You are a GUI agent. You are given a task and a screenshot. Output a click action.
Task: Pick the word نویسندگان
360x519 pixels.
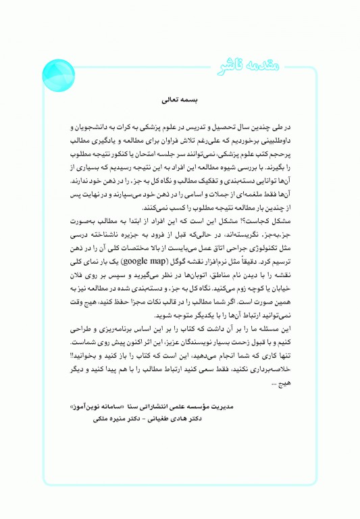pyautogui.click(x=199, y=343)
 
